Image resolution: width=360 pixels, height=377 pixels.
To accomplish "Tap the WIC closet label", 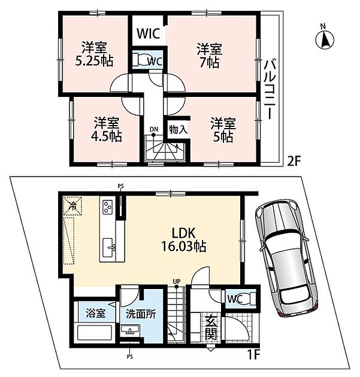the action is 149,34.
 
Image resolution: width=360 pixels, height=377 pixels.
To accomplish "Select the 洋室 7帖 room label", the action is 210,56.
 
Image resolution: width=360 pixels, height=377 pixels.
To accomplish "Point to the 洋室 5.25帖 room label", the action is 94,54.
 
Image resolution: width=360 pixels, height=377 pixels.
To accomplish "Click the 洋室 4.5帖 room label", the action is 107,129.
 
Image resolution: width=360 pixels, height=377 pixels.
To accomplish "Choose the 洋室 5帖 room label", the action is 223,130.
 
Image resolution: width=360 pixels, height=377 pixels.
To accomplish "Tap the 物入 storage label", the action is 178,130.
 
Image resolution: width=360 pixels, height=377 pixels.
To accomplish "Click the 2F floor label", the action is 294,161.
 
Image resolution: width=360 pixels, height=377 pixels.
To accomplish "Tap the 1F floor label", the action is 253,354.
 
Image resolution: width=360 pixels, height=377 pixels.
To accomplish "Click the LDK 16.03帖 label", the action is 183,239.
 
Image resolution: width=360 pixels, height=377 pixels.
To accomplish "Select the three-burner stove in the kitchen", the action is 107,207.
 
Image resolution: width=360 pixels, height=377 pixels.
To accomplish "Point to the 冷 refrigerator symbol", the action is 72,206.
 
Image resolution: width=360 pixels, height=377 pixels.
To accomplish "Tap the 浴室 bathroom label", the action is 96,314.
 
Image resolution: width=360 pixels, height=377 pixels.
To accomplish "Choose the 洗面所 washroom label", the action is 141,314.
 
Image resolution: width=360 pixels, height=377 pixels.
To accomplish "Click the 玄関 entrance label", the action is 211,328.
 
